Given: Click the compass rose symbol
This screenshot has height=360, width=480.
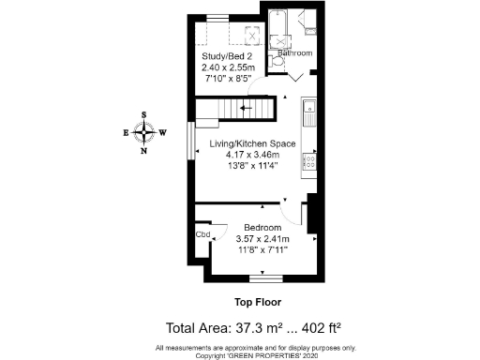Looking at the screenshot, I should pos(143,132).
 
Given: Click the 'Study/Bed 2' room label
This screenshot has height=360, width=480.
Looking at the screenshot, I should pos(224,56).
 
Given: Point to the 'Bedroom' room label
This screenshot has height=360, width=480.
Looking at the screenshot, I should pos(262,228).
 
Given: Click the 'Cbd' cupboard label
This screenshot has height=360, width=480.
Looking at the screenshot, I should pos(202,234).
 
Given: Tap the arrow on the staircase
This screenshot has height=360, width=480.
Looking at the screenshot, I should pos(247,108).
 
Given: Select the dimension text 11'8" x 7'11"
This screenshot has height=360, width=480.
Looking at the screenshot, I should pos(262,251).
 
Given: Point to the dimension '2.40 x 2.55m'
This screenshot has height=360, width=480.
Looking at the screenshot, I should pos(224,67).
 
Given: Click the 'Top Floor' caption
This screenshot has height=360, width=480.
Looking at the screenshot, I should pos(257,303).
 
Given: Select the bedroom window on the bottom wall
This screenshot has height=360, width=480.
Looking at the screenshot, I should pos(267,277).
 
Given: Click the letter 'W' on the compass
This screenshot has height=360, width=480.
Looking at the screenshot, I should pos(162,132).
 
